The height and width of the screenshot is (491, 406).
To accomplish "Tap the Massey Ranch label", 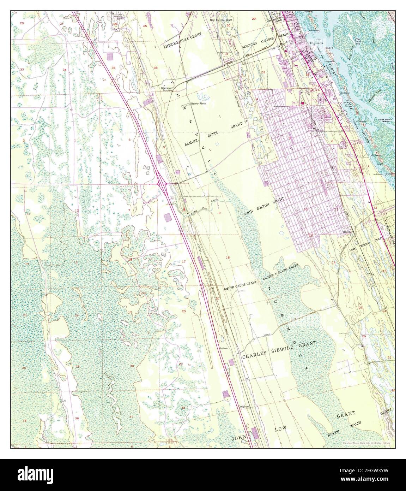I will (198, 104).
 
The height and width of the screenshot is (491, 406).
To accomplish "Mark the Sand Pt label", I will (329, 48).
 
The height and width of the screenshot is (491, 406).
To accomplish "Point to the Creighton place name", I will (244, 407).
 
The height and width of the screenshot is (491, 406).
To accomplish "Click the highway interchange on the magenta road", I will (162, 184).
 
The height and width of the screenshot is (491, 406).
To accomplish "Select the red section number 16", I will (228, 258).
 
